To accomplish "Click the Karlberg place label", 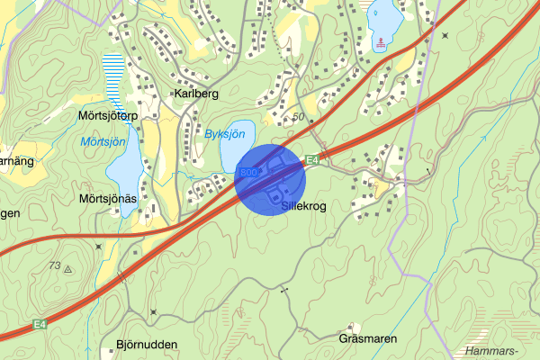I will (198, 94).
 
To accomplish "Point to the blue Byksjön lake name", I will (225, 134).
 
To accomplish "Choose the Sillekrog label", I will (303, 206).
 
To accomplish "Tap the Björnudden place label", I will (147, 345).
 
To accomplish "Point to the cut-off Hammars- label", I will (494, 351).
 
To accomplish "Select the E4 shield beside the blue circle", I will (312, 160).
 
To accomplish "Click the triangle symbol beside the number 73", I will (68, 268).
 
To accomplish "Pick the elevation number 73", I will (55, 265).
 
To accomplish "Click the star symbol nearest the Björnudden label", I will (154, 312).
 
